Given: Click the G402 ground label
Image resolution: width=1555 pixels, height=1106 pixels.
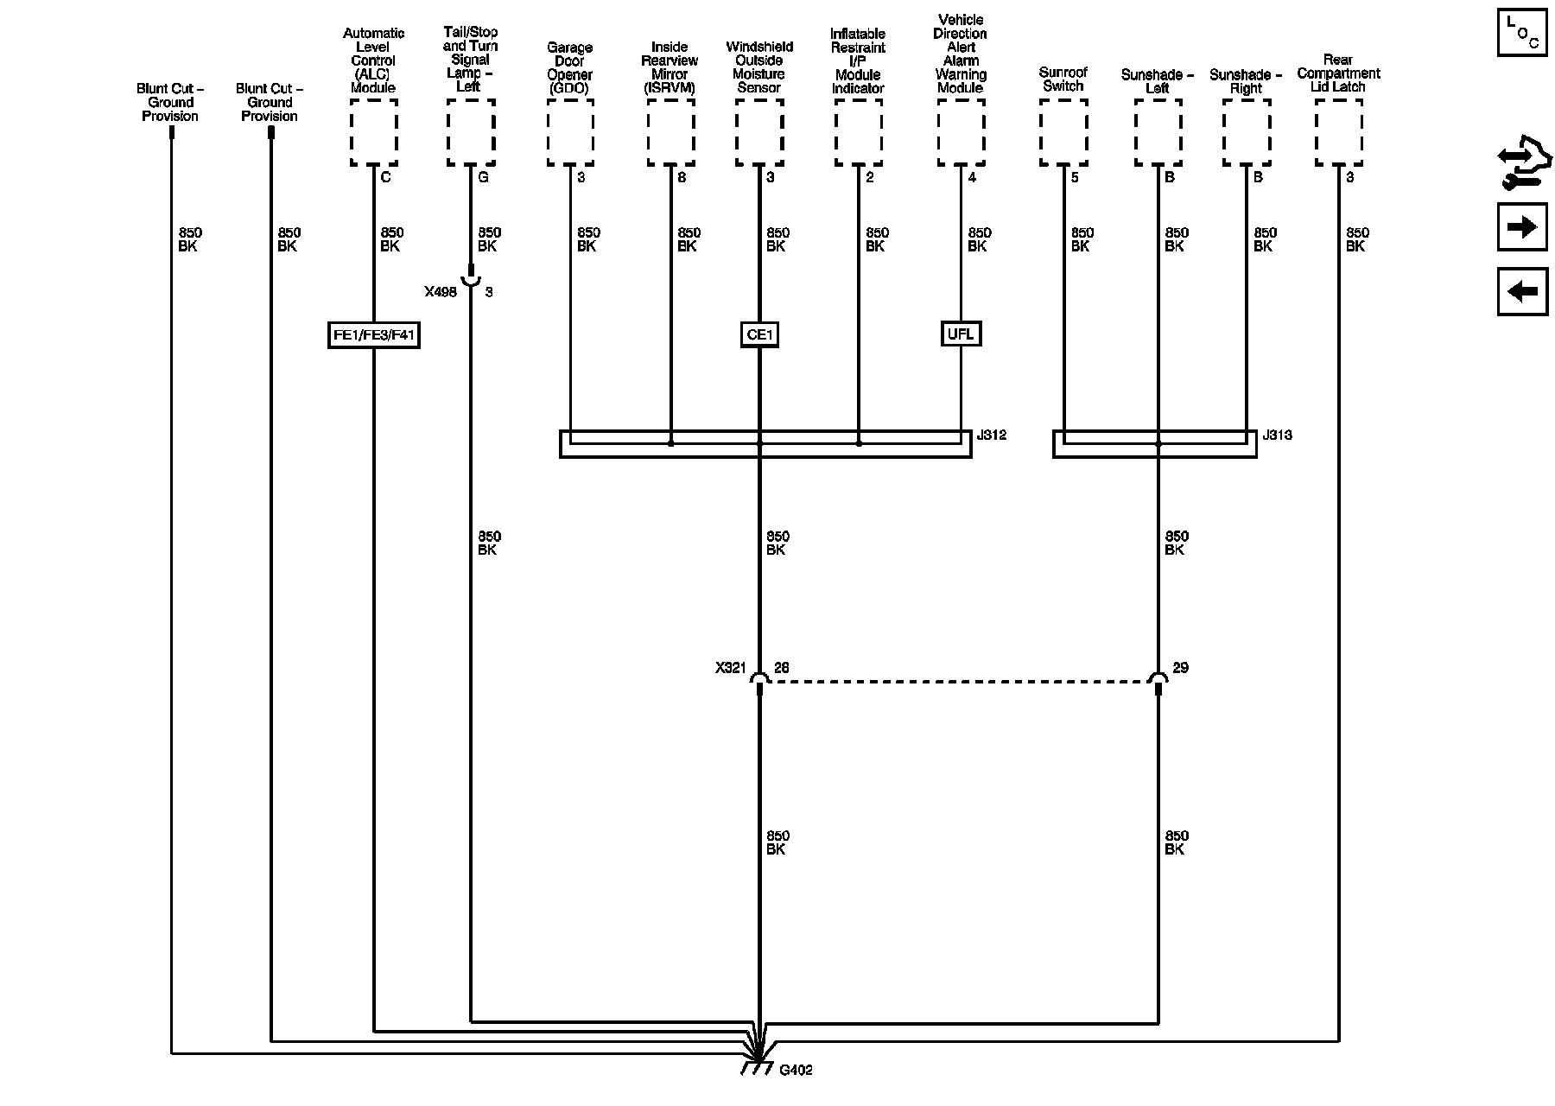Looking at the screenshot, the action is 795,1071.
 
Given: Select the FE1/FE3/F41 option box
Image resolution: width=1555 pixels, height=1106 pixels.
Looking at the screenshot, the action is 374,335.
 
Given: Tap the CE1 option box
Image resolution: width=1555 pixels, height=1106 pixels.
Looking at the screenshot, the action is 759,335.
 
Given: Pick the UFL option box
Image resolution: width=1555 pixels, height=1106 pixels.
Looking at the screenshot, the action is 961,334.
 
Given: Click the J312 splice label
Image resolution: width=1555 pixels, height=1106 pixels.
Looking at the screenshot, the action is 992,435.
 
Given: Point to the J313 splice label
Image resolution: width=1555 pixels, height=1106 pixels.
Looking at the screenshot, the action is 1277,435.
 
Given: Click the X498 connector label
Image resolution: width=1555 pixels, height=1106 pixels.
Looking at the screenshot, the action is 440,292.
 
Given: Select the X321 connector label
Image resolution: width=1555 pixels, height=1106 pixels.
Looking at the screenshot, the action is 730,668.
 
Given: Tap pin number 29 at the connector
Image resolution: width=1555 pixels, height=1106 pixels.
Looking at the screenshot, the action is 1180,668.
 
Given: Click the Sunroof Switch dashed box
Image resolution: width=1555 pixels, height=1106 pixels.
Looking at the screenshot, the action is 1063,132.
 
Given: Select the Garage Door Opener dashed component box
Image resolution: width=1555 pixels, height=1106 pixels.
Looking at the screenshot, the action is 570,132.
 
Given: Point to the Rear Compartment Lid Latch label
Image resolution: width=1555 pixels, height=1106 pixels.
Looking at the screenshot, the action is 1338,73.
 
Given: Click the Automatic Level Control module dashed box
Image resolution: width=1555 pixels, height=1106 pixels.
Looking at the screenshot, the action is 374,132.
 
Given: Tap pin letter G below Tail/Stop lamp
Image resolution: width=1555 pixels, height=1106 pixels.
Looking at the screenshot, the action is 483,177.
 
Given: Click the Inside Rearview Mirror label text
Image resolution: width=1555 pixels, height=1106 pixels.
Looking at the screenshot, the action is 670,67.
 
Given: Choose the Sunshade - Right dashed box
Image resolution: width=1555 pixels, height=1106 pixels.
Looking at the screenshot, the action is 1246,132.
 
